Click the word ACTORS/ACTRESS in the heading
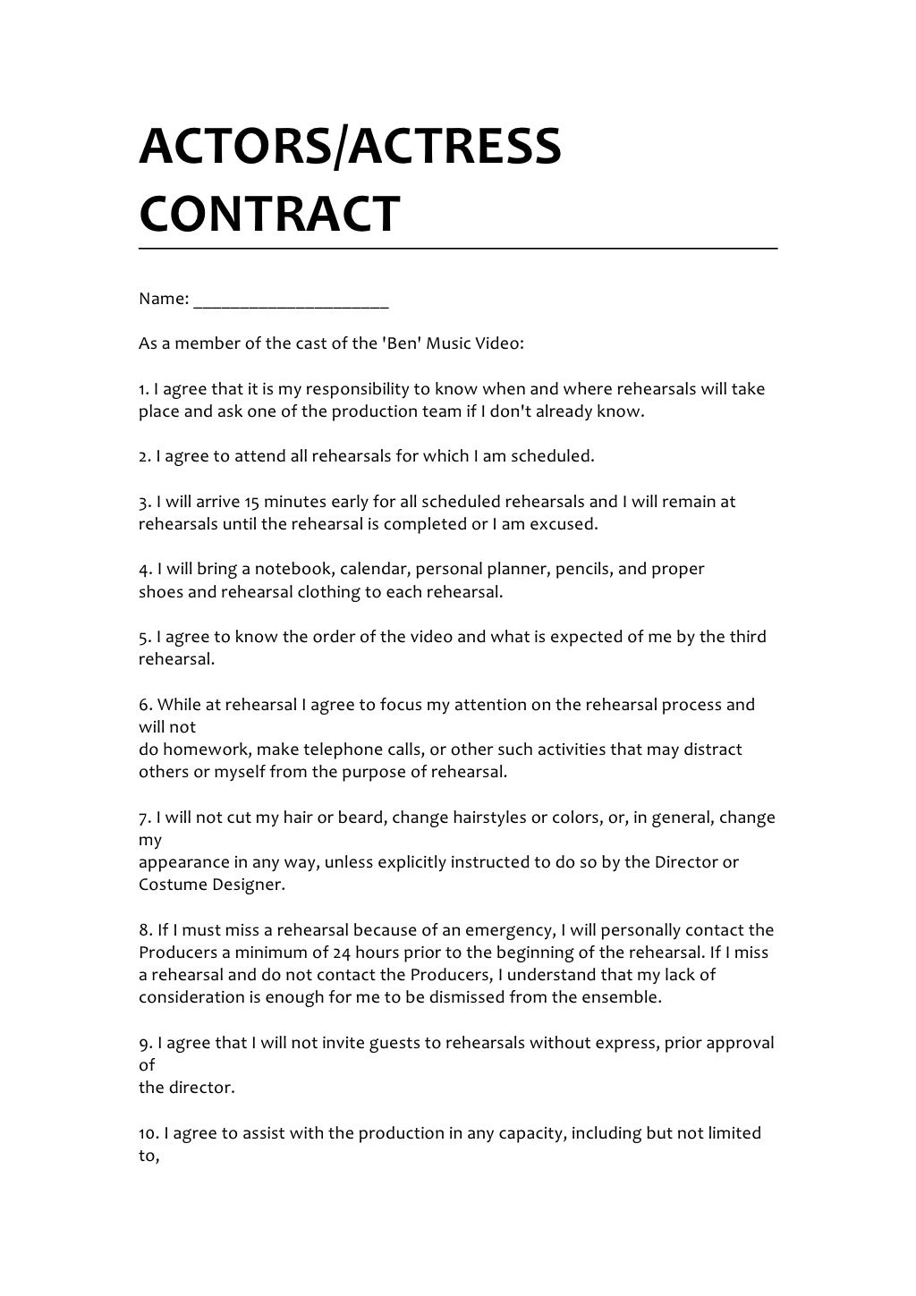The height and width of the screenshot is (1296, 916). click(x=350, y=146)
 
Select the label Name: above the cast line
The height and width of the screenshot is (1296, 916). click(x=163, y=299)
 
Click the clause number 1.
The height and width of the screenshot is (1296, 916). click(x=143, y=389)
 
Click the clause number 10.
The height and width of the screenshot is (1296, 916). click(x=148, y=1133)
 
